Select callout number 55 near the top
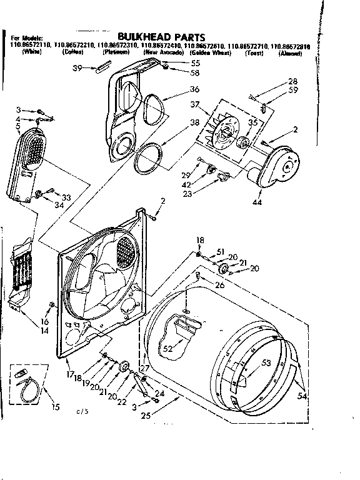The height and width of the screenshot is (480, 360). point(195,63)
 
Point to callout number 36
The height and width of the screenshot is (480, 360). point(194,89)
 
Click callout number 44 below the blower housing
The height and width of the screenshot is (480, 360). point(257,202)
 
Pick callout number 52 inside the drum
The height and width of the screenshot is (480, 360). point(167,349)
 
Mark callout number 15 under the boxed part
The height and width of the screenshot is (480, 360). point(56,407)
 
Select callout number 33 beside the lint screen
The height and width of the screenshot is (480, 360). point(66,197)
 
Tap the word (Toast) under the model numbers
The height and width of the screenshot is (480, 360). point(254,54)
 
